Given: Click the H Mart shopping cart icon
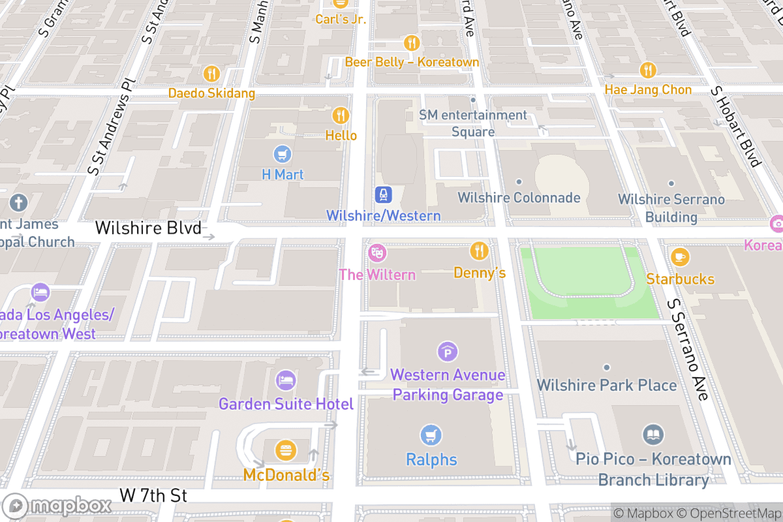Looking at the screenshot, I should pyautogui.click(x=283, y=155).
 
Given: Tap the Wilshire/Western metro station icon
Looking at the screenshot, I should pyautogui.click(x=383, y=194).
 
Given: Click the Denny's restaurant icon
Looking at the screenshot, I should pyautogui.click(x=479, y=251).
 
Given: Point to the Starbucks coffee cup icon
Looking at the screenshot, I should pyautogui.click(x=680, y=257).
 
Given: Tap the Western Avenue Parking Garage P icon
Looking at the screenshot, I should pyautogui.click(x=447, y=352).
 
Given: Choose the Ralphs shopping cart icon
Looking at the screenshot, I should pyautogui.click(x=431, y=435).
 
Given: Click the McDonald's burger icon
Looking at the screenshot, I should pyautogui.click(x=286, y=450).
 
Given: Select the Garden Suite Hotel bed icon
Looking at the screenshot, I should pyautogui.click(x=286, y=380).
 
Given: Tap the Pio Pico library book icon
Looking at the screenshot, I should pyautogui.click(x=653, y=435).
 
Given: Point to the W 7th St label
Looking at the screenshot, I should pyautogui.click(x=153, y=495).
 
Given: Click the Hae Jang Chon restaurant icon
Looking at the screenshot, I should pyautogui.click(x=647, y=70).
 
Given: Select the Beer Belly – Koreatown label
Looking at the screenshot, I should pyautogui.click(x=412, y=62).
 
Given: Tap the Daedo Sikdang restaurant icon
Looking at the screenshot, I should pyautogui.click(x=211, y=73).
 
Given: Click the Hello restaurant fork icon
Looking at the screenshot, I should pyautogui.click(x=341, y=115).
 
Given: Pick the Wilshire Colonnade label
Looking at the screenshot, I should pyautogui.click(x=519, y=197).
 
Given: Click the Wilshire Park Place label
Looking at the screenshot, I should pyautogui.click(x=606, y=385).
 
